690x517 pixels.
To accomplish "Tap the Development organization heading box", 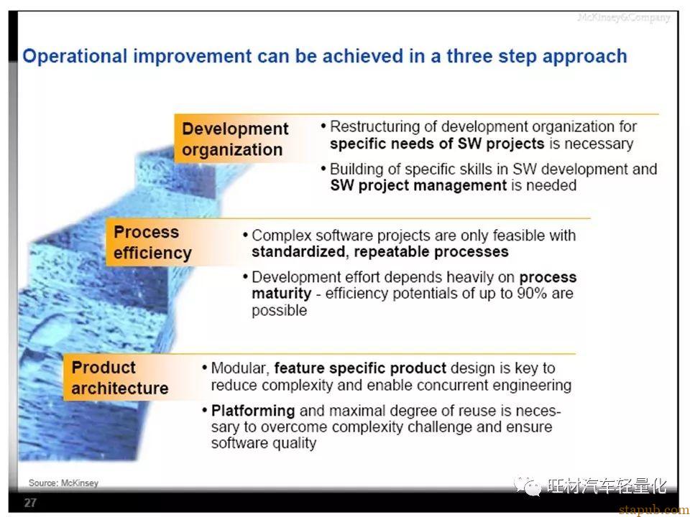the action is click(235, 139).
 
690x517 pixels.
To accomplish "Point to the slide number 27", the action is click(30, 503).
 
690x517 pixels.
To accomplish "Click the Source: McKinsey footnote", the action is click(63, 483).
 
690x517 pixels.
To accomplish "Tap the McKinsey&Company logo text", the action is click(624, 18).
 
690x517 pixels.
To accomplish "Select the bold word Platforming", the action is click(253, 411).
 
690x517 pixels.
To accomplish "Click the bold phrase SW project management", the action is click(418, 185).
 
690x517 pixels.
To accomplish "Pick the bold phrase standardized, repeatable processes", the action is click(380, 252).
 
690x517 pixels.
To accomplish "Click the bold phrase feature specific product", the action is click(360, 368).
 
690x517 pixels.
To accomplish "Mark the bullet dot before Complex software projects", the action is click(245, 236).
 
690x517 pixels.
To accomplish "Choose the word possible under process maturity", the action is click(279, 310).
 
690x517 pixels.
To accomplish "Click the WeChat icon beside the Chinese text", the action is click(528, 486).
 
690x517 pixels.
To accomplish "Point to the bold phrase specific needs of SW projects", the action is click(437, 144).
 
